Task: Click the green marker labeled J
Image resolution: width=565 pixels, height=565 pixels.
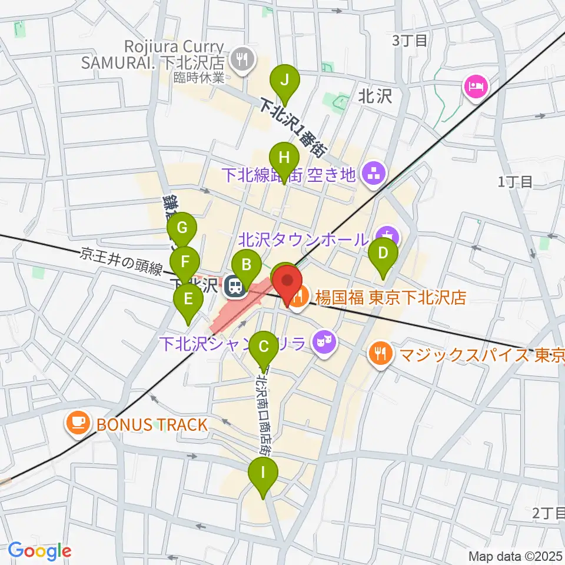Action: tap(284, 79)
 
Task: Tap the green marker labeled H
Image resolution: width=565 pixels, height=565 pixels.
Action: tap(284, 158)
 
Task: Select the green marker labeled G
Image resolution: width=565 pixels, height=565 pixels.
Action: tap(182, 228)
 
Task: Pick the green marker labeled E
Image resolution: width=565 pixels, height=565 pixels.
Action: tap(188, 299)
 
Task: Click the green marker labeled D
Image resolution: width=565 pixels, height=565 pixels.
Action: tap(383, 254)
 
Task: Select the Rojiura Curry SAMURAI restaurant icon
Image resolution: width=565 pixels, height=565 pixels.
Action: tap(242, 58)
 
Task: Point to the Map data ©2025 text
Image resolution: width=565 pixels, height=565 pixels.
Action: tap(516, 556)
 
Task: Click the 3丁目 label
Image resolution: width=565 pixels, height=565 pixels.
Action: tap(409, 40)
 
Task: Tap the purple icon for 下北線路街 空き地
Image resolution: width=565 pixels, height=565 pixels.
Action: tap(373, 173)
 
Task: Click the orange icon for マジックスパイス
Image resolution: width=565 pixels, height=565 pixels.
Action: tap(377, 353)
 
